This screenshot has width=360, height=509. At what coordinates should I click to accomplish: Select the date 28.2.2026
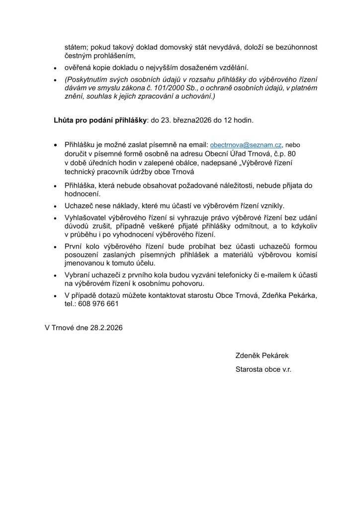tap(106, 329)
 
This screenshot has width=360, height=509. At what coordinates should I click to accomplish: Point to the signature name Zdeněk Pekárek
tap(262, 356)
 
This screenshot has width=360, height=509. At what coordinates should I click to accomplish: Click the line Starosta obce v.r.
tap(264, 369)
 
